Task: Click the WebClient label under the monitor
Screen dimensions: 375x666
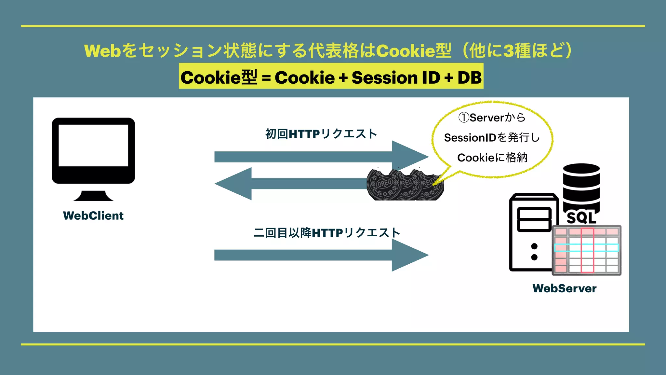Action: click(93, 215)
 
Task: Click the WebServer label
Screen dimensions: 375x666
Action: click(564, 288)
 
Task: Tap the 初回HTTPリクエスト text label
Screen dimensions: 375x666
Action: click(321, 134)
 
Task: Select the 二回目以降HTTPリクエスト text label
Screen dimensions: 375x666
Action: click(326, 233)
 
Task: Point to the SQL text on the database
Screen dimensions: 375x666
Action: click(581, 218)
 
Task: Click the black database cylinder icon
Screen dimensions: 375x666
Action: click(581, 186)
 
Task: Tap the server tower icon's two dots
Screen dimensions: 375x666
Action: click(534, 252)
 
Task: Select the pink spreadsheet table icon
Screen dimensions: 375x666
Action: click(586, 250)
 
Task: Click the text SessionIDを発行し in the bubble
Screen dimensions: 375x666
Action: click(492, 138)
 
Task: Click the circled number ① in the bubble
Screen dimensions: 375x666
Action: click(463, 118)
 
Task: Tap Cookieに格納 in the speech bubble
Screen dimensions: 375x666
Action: click(492, 158)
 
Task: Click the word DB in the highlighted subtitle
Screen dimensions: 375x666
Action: click(469, 77)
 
